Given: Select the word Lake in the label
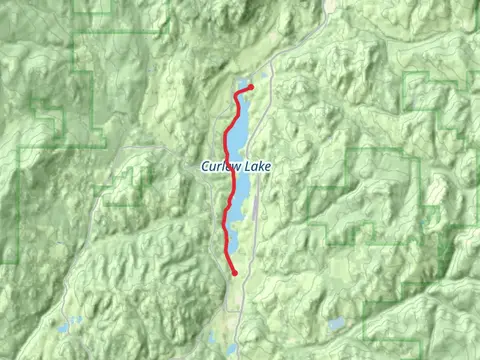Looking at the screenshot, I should (x=257, y=166).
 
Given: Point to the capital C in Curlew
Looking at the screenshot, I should (x=204, y=166).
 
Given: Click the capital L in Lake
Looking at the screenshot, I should (x=246, y=166).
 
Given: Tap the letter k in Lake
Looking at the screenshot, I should (x=260, y=166).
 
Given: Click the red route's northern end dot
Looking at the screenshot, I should (x=250, y=87).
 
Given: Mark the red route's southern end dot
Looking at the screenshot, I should (x=234, y=272).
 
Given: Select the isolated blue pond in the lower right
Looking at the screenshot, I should (x=336, y=324).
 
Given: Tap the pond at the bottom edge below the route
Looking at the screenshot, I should (x=231, y=349).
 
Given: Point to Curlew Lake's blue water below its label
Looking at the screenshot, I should (x=240, y=190).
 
